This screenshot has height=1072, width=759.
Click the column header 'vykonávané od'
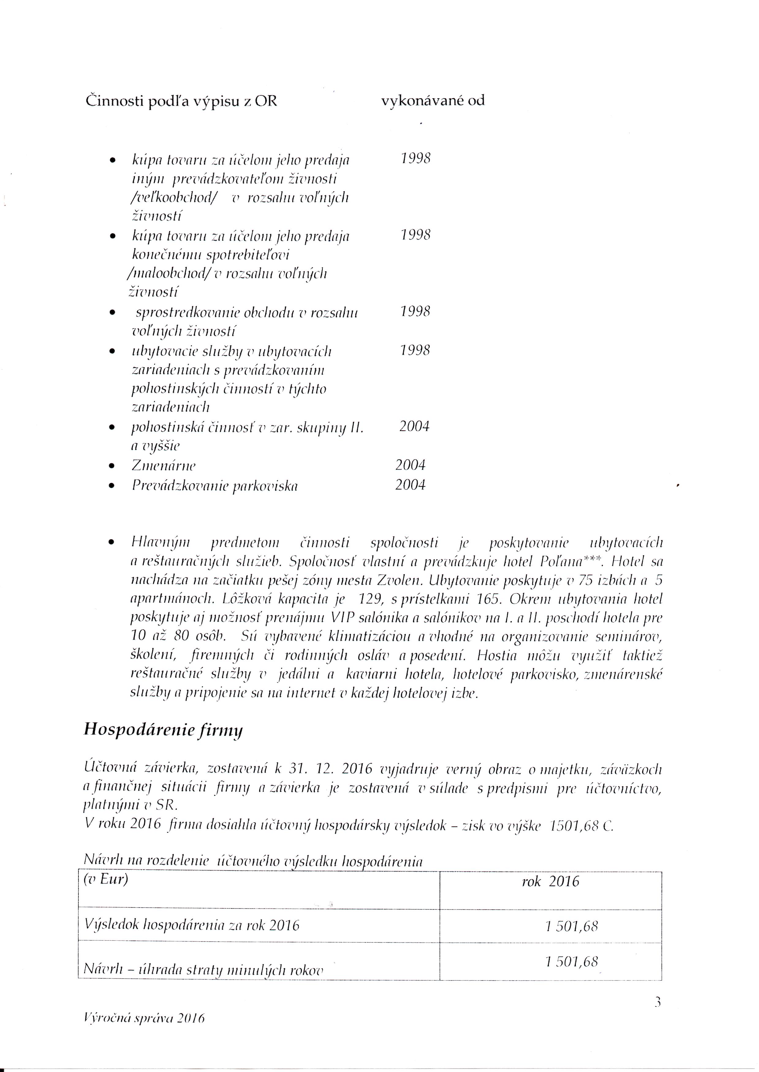(433, 100)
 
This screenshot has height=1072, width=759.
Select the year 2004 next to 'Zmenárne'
(410, 465)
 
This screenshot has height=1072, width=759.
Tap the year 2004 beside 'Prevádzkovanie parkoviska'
(410, 485)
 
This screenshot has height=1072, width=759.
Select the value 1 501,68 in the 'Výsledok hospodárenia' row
(571, 926)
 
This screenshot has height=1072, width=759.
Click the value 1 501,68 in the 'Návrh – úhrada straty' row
(571, 962)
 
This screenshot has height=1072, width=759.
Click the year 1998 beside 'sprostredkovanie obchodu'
(415, 311)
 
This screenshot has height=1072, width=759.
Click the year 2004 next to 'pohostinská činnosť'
(414, 426)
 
